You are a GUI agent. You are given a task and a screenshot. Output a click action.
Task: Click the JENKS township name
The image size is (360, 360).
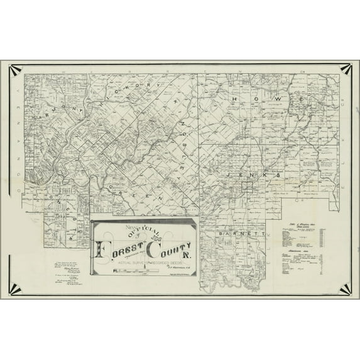click(x=254, y=172)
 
